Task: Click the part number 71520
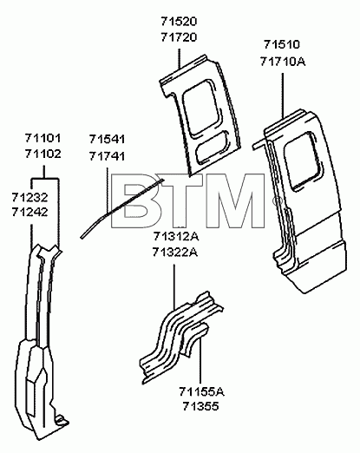point(179,22)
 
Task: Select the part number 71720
point(179,37)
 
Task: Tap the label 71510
point(282,44)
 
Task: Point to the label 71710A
point(283,62)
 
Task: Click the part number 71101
point(43,138)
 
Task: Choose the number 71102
point(43,154)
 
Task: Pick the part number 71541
point(107,139)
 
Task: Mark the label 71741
point(107,156)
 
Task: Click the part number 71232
point(29,198)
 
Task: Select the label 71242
point(29,213)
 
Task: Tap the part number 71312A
point(175,237)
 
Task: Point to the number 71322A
point(175,253)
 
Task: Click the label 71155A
point(201,392)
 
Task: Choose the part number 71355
point(200,407)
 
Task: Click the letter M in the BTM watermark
point(235,200)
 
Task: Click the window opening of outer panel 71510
point(303,161)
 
